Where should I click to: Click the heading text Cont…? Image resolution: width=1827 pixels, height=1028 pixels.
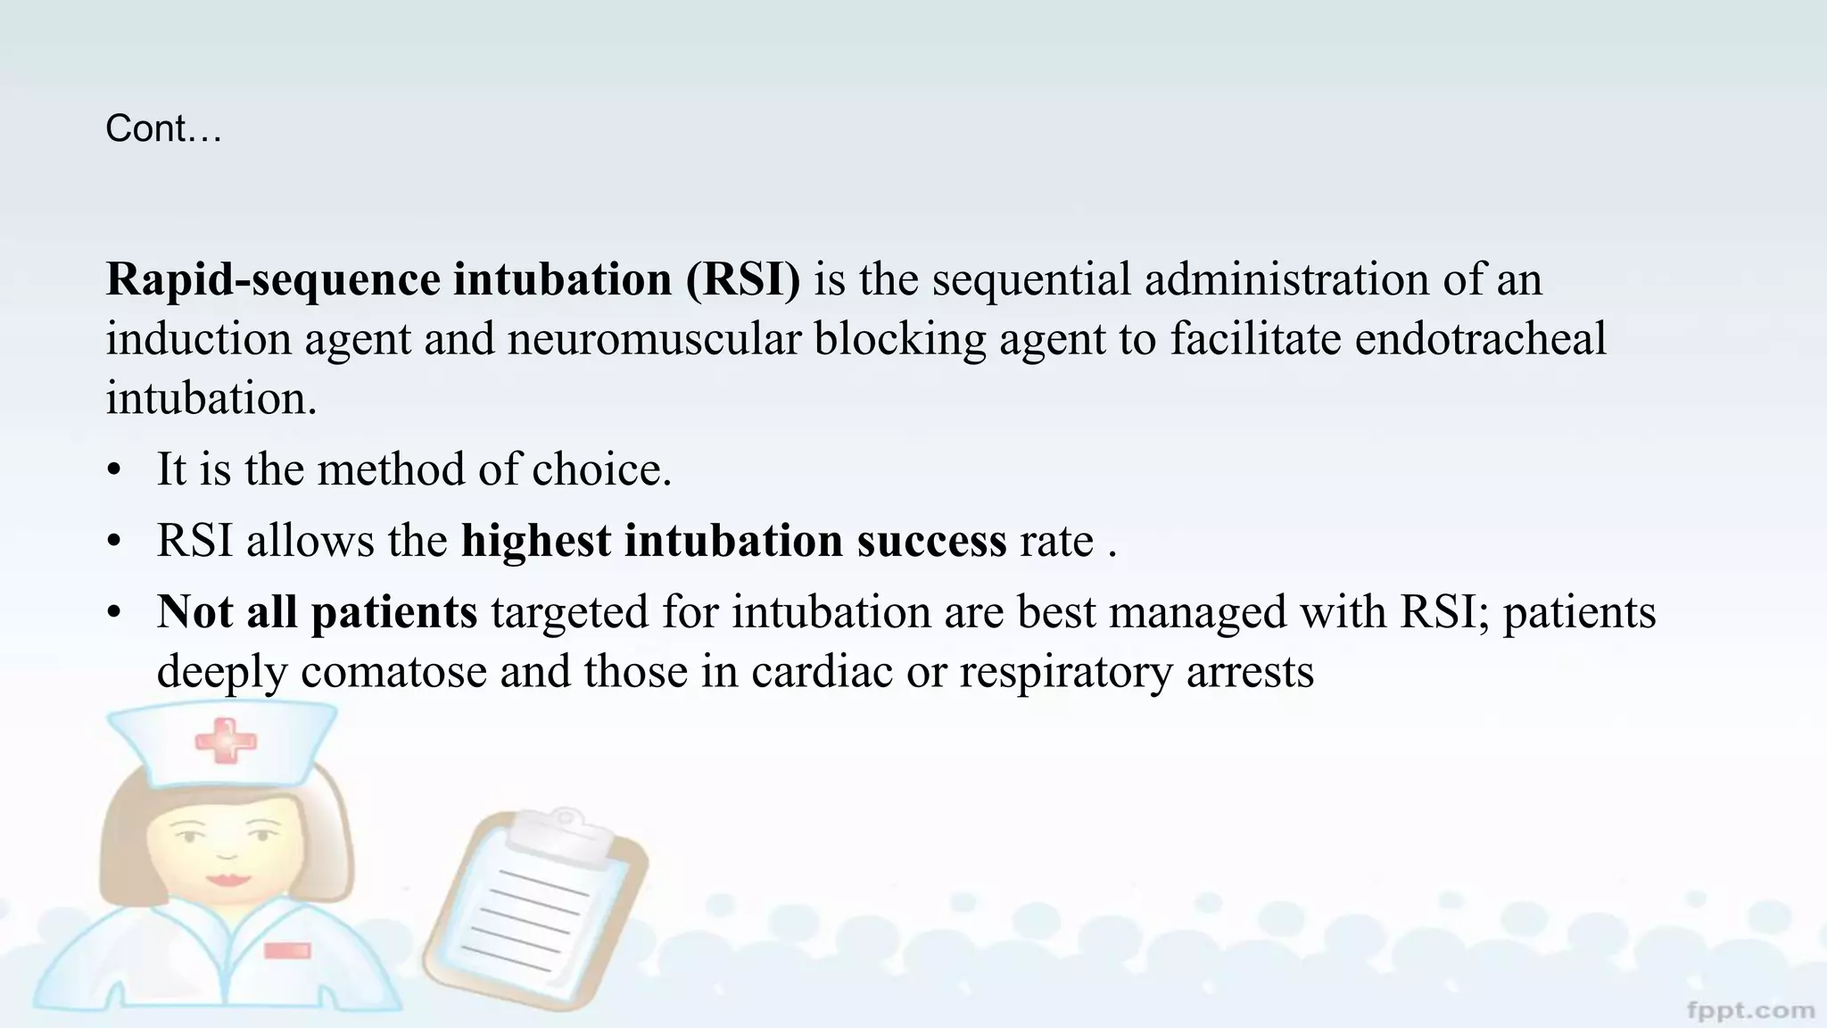pos(163,129)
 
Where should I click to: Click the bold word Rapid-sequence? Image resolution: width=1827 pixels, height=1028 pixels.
pos(273,279)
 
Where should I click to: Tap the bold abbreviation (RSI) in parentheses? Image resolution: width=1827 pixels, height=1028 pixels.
pos(743,279)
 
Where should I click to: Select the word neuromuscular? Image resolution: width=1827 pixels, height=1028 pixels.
pos(654,339)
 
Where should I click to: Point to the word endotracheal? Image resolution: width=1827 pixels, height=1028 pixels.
pos(1480,339)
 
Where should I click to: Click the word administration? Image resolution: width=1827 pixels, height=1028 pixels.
pos(1286,279)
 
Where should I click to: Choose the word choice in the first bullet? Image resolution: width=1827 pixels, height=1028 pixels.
pos(601,469)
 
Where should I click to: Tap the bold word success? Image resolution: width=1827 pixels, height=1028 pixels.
pos(931,541)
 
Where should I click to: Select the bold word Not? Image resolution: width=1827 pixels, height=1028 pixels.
pos(194,612)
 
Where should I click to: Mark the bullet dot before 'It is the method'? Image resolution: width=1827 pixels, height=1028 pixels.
pos(113,470)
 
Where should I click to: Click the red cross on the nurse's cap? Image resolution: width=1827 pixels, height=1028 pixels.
pos(225,741)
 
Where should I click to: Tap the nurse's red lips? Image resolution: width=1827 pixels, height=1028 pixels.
pos(228,878)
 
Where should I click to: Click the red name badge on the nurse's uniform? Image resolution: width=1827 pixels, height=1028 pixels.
pos(287,950)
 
